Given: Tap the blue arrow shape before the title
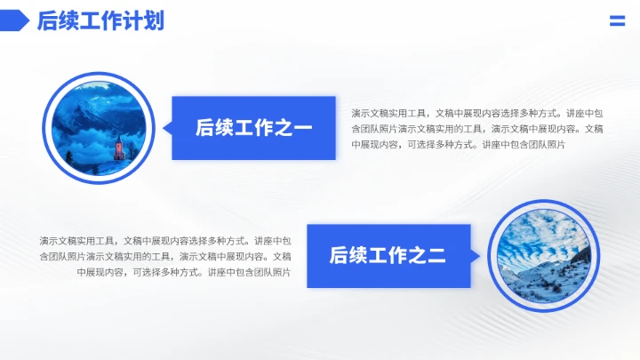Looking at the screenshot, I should click(15, 20).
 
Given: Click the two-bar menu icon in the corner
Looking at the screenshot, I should click(617, 21).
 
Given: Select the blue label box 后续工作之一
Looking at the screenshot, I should click(253, 128).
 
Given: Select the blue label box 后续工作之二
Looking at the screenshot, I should click(388, 256).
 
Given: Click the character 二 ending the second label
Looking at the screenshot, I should click(436, 257).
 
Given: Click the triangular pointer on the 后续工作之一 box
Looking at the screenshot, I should click(166, 128).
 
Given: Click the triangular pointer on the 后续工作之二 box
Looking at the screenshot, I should click(476, 256).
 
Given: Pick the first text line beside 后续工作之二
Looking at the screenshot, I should click(165, 241).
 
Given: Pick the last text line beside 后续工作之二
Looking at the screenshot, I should click(184, 272).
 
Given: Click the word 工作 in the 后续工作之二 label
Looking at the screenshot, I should click(388, 257).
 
